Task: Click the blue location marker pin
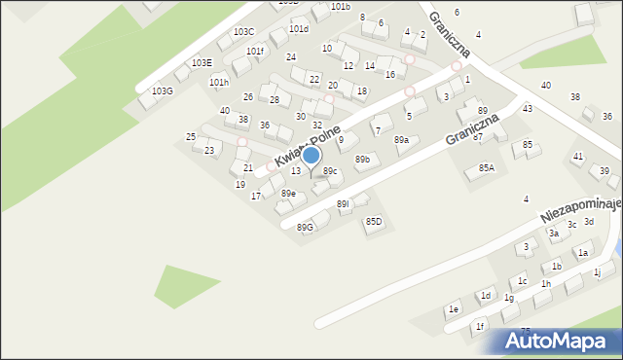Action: pos(311,157)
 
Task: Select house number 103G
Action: pos(163,90)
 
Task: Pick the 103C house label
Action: pos(243,32)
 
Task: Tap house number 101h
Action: pos(219,83)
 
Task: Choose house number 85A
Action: pos(486,167)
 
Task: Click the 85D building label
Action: pos(374,222)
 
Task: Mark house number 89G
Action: pos(306,227)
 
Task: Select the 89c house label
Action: pos(331,171)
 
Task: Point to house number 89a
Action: pos(401,140)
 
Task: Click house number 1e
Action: pos(453,309)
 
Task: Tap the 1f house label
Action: pos(480,327)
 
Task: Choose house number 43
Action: pos(527,108)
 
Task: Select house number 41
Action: pos(578,156)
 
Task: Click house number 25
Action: pos(191,136)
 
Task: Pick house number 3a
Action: pos(553,234)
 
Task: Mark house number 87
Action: pos(478,137)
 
